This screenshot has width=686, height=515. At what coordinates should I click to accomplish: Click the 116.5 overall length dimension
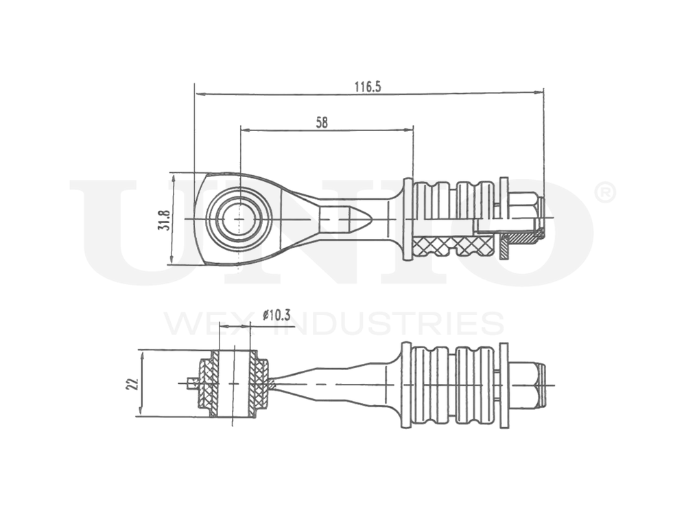pyautogui.click(x=367, y=87)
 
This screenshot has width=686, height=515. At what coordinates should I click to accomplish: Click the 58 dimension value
pyautogui.click(x=322, y=123)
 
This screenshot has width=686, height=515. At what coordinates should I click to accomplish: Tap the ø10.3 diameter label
pyautogui.click(x=276, y=315)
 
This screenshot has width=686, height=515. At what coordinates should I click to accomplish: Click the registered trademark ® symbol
pyautogui.click(x=604, y=194)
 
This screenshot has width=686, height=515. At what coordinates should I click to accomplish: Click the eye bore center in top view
pyautogui.click(x=238, y=219)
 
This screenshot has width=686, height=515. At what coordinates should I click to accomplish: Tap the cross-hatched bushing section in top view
pyautogui.click(x=453, y=244)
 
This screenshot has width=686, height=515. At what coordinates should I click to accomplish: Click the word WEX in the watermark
pyautogui.click(x=205, y=323)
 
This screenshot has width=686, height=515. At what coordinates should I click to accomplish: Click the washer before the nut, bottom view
pyautogui.click(x=504, y=385)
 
